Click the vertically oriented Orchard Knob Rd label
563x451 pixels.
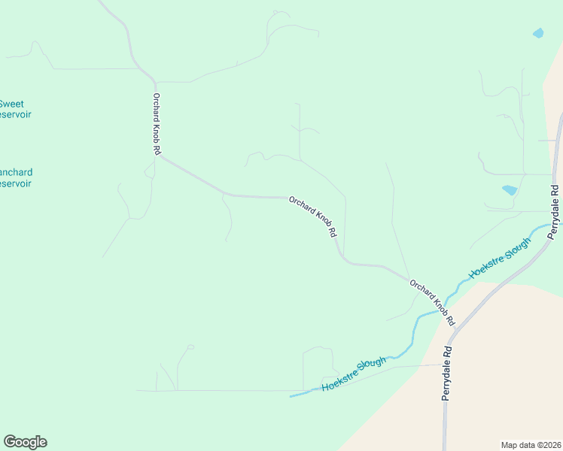[x=157, y=124]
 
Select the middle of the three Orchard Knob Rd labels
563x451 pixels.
[x=312, y=216]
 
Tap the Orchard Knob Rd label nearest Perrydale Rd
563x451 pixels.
[x=433, y=302]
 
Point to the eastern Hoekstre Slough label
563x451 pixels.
[x=499, y=258]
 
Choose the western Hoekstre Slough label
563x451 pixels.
[x=353, y=374]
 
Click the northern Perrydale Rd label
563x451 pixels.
[x=555, y=212]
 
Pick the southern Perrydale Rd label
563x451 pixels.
[x=447, y=372]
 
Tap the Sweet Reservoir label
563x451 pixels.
[x=14, y=109]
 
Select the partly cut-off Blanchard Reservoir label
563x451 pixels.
[x=15, y=177]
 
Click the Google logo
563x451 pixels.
[x=25, y=442]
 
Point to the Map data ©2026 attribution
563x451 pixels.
[x=531, y=444]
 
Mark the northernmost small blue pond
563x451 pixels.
[x=537, y=33]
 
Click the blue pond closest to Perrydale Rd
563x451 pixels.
[x=510, y=190]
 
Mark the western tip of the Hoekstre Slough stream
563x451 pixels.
[x=291, y=395]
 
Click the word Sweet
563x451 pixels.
[x=11, y=104]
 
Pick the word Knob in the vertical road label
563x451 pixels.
[x=157, y=129]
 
